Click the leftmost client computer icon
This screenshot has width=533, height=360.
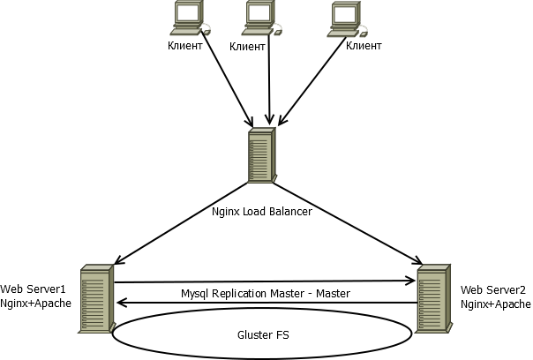point(190,18)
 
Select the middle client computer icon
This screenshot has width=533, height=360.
point(261,18)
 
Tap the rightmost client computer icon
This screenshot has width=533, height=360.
point(347,19)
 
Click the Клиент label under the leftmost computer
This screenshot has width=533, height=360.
point(185,46)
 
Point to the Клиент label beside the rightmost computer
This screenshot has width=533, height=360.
point(364,46)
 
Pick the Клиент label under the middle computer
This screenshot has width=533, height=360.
point(247,47)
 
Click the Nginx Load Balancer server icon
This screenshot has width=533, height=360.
point(262,155)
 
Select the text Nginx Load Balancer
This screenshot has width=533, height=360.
point(262,212)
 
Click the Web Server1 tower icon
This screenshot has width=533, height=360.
point(96,298)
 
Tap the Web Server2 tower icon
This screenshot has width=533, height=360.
point(434,298)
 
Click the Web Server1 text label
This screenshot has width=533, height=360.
point(33,289)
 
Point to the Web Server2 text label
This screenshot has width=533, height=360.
point(493,289)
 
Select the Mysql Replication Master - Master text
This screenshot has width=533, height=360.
point(265,293)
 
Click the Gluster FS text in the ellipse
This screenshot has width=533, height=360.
point(263,335)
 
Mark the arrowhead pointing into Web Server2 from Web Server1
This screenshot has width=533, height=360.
point(410,281)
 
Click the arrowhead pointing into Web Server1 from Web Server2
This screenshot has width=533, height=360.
point(122,303)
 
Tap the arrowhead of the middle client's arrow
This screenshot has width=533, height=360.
point(269,121)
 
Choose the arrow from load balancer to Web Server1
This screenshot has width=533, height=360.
point(182,223)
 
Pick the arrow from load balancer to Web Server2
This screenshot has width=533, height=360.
point(348,224)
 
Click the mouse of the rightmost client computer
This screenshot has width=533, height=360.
point(364,34)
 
